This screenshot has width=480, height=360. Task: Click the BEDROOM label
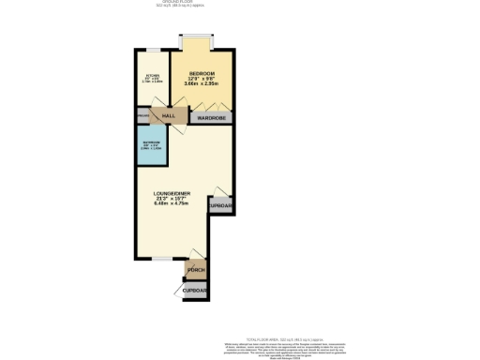tap(202, 73)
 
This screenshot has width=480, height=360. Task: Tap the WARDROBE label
tap(212, 119)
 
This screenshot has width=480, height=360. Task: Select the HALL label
tap(169, 115)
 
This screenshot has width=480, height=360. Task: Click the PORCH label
tap(196, 271)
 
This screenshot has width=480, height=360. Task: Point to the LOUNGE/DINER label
tap(172, 193)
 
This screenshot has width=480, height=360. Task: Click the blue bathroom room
tap(151, 147)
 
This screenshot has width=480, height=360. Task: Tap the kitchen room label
tap(152, 78)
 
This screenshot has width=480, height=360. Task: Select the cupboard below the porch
tap(196, 291)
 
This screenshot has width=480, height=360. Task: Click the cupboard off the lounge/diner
tap(220, 205)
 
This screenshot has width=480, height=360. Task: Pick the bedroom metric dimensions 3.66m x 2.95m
tap(202, 84)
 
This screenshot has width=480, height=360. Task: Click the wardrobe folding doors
tap(212, 112)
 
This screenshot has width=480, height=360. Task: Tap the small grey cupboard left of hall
tap(142, 115)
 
